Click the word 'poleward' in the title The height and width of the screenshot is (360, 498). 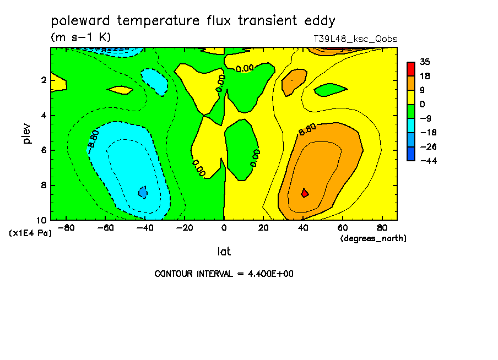(80, 20)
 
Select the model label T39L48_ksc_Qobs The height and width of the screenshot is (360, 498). (355, 39)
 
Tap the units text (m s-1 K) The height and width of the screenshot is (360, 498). (81, 37)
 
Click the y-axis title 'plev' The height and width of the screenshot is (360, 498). (26, 134)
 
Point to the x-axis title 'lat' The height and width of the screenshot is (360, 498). (224, 252)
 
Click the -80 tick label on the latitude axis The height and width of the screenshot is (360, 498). (66, 228)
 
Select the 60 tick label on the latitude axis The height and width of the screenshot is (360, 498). (343, 228)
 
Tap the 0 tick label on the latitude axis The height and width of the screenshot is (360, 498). (224, 228)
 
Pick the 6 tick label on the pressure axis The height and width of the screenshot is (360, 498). (44, 150)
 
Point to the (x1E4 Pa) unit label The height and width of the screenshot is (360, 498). (30, 233)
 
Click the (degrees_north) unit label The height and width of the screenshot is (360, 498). (373, 238)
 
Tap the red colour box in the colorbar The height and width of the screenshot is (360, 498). (411, 69)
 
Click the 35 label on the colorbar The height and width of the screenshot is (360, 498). (425, 62)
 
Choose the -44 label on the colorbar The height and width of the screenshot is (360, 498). (429, 161)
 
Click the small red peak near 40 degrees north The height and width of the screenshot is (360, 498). (305, 193)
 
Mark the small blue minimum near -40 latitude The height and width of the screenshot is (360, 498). (143, 192)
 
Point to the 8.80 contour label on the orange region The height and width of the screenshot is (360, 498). (307, 129)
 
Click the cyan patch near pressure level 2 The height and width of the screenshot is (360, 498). (155, 81)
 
